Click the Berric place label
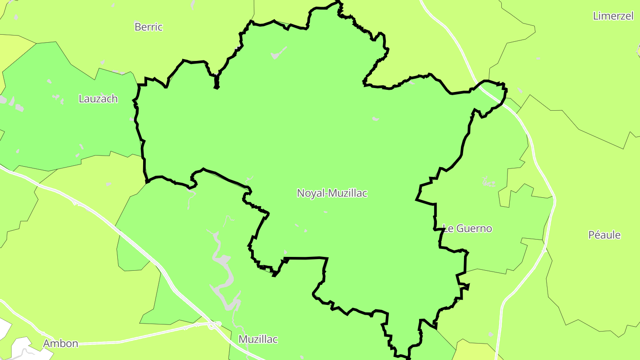coord(148,27)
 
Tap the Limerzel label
coord(613,16)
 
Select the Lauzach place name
coord(98,99)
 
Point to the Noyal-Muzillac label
coord(332,193)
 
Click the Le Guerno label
coord(468,228)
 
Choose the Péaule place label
coord(604,235)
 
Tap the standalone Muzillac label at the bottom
coord(258,340)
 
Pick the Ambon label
coord(60,344)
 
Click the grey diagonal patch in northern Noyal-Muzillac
coord(279,53)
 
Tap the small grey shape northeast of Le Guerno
coord(489,182)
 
